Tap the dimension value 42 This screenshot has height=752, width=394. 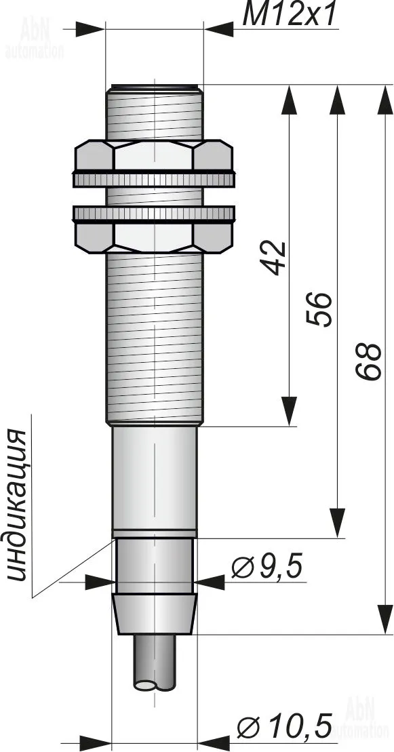pyautogui.click(x=276, y=258)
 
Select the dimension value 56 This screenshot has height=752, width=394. pyautogui.click(x=320, y=309)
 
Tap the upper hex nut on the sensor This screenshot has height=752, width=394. pyautogui.click(x=153, y=155)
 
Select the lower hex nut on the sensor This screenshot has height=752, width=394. pyautogui.click(x=153, y=237)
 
